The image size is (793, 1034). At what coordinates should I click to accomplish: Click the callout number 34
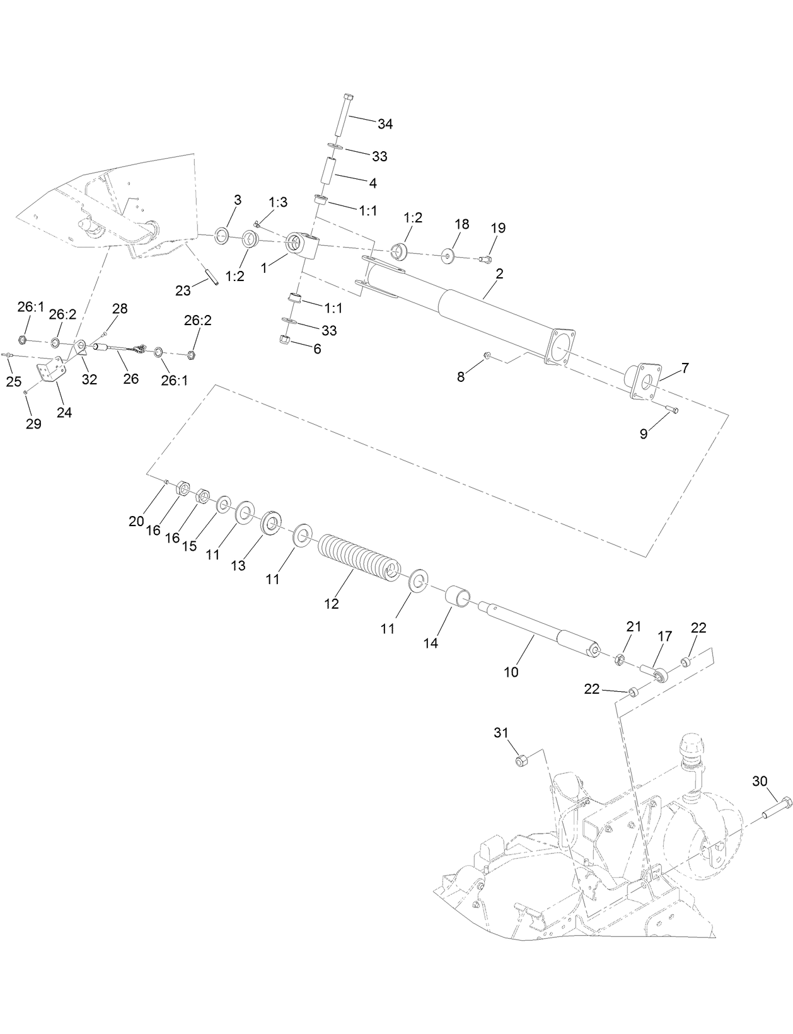[385, 124]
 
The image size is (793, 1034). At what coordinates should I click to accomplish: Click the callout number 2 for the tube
[499, 273]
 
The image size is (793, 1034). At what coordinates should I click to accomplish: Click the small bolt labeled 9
[672, 410]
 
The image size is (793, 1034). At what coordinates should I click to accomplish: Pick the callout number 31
[501, 733]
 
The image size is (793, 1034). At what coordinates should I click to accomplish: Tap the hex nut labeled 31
[521, 761]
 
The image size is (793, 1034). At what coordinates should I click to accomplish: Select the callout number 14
[431, 643]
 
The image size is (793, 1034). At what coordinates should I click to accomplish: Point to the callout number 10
[511, 672]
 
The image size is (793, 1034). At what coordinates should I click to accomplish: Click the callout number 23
[183, 290]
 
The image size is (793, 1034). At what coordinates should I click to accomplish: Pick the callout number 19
[498, 227]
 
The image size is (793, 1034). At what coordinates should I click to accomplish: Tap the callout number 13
[238, 566]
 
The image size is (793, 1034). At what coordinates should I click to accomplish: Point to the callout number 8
[461, 377]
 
